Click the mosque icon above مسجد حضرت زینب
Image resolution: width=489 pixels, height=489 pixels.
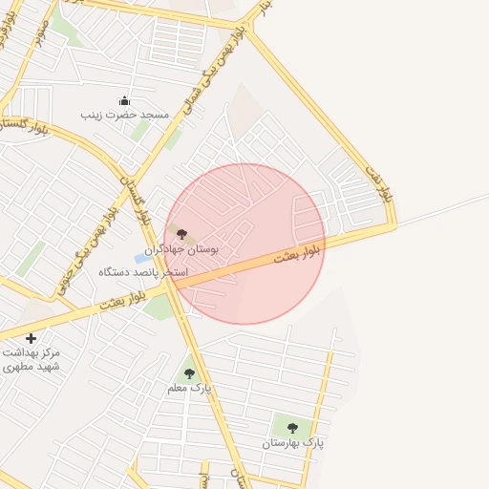124,100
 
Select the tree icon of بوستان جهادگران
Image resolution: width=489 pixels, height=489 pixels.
181,234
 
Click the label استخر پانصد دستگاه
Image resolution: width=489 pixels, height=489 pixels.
143,272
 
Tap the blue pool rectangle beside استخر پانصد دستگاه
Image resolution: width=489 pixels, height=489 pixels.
142,258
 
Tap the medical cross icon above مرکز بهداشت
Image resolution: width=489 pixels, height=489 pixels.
32,338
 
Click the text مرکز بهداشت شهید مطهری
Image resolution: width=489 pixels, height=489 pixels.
31,359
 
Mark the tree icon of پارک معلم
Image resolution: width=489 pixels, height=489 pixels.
189,373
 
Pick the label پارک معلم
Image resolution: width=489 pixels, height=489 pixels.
188,388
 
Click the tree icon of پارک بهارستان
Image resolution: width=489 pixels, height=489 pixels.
292,428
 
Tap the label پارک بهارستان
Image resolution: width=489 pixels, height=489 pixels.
293,443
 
